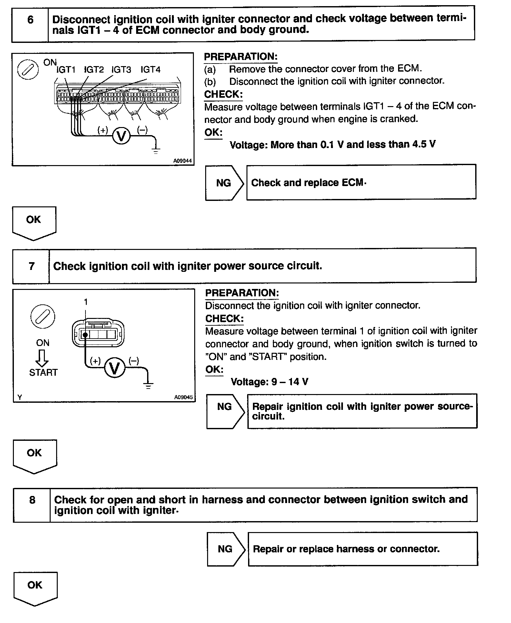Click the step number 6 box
coord(30,24)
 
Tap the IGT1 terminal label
coord(66,70)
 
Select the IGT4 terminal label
coord(150,70)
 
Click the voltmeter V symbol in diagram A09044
coord(121,136)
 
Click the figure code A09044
coord(182,161)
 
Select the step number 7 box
coord(31,266)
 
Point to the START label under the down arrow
coord(43,372)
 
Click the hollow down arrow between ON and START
coord(43,358)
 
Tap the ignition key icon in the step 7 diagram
coord(43,317)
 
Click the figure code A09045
coord(183,397)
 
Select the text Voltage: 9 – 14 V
coord(269,382)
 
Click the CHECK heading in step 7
coord(224,319)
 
